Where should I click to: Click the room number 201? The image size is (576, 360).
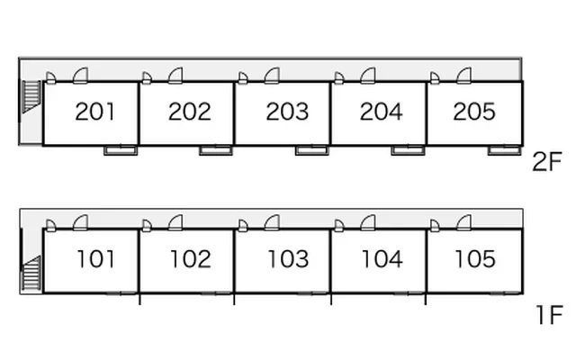pos(94,112)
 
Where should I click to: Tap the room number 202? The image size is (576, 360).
pos(190,112)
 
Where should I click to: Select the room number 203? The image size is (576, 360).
pos(287,112)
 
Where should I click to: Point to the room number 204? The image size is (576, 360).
pos(382,112)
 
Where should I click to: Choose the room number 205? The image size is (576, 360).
pos(474,112)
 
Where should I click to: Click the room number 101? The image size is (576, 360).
pos(96,259)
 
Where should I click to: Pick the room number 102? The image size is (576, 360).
pos(191,259)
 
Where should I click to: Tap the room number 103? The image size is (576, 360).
pos(288,259)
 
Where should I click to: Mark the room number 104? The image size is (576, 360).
pos(382,259)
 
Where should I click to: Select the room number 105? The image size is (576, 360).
pos(475,259)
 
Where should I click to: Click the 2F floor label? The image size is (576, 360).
pos(547,162)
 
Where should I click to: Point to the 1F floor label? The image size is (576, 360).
pos(549,315)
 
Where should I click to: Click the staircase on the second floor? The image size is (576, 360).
pos(31,96)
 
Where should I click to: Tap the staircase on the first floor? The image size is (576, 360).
pos(31,274)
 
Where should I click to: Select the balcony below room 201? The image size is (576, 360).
pos(121,150)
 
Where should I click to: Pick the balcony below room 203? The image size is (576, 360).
pos(312,150)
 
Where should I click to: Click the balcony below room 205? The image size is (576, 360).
pos(504,150)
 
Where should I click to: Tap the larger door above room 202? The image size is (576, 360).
pos(175,76)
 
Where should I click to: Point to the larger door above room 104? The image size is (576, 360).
pos(368,223)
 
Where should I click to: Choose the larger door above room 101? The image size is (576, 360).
pos(80,223)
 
